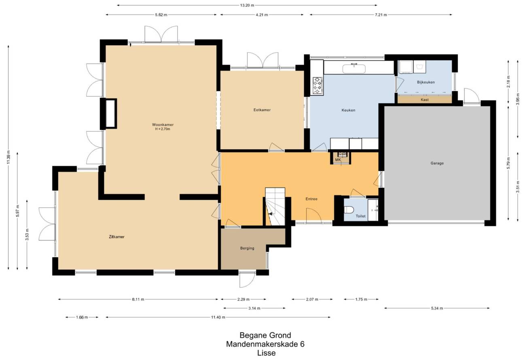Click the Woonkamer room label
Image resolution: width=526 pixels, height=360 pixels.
pos(163,125)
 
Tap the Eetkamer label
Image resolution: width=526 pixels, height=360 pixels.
pos(262,110)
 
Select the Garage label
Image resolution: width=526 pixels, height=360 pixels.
pos(437,163)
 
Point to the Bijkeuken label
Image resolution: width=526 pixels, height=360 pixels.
pos(426,82)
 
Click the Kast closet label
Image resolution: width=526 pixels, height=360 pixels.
pos(425,100)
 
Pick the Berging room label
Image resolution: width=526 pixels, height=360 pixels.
pos(247,248)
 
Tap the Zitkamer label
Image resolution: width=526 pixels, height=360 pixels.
pos(117,237)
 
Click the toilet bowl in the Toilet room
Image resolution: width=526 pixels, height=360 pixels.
pos(349,210)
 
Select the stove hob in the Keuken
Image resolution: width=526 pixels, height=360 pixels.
pos(317,86)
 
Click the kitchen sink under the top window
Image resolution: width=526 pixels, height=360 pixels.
pos(354,68)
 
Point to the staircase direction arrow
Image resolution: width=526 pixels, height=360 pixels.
pos(271,214)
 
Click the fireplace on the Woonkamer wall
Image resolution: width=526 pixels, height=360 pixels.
pos(111,114)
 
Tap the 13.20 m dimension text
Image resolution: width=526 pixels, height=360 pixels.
pos(247,5)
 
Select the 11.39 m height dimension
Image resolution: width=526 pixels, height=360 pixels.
pos(8,157)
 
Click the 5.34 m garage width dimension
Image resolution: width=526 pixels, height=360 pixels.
pos(437,308)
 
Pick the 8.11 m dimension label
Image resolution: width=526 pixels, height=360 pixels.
pos(138,299)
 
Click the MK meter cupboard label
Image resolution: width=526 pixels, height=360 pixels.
pos(338,160)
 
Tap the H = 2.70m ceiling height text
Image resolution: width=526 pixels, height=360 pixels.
pos(163,129)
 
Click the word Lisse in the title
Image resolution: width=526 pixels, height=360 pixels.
pos(266,353)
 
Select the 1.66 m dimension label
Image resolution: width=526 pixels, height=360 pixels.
pos(82,317)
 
